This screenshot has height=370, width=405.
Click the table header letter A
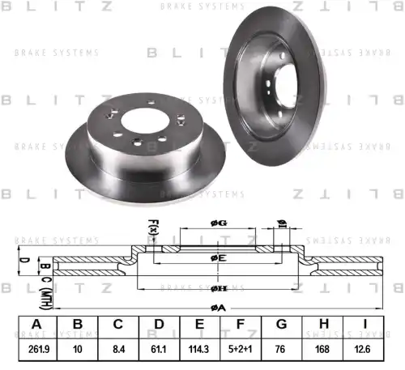click(x=36, y=325)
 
